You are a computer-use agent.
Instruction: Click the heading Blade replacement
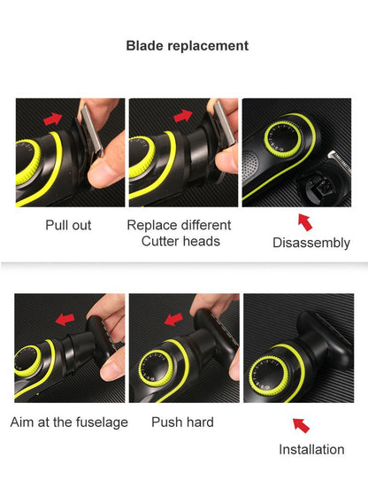pyautogui.click(x=187, y=45)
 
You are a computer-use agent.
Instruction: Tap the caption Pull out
pyautogui.click(x=68, y=225)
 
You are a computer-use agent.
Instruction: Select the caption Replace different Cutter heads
pyautogui.click(x=180, y=233)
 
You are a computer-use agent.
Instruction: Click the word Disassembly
pyautogui.click(x=311, y=243)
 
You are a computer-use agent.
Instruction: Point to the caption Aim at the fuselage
pyautogui.click(x=69, y=422)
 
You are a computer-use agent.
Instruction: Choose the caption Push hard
pyautogui.click(x=182, y=422)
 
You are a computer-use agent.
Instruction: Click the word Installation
pyautogui.click(x=311, y=449)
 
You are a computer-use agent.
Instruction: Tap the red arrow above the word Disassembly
pyautogui.click(x=304, y=219)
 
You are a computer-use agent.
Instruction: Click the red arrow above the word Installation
pyautogui.click(x=301, y=425)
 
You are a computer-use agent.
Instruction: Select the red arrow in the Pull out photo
pyautogui.click(x=54, y=118)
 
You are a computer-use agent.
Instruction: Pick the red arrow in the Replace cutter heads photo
pyautogui.click(x=183, y=116)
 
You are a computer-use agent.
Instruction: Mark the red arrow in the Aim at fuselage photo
pyautogui.click(x=64, y=319)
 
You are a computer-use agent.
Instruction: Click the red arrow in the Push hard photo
pyautogui.click(x=175, y=316)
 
